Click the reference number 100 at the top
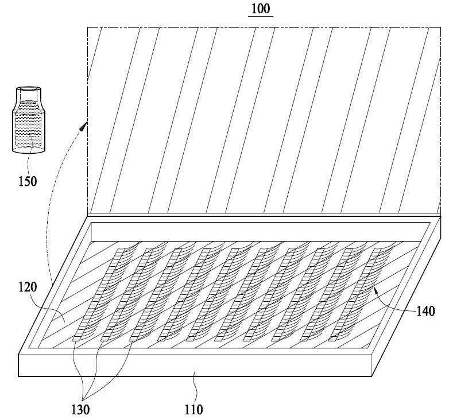tap(260, 8)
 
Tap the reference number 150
tap(28, 181)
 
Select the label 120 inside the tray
tap(28, 287)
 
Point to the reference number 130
tap(80, 410)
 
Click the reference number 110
tap(193, 410)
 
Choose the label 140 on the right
tap(425, 311)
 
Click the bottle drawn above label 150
tap(29, 120)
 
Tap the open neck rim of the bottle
tap(29, 90)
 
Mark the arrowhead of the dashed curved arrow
tap(84, 125)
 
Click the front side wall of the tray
tap(195, 365)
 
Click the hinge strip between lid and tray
tap(264, 215)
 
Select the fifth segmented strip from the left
tap(212, 295)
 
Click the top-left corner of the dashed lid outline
tap(87, 27)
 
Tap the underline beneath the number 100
tap(260, 15)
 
